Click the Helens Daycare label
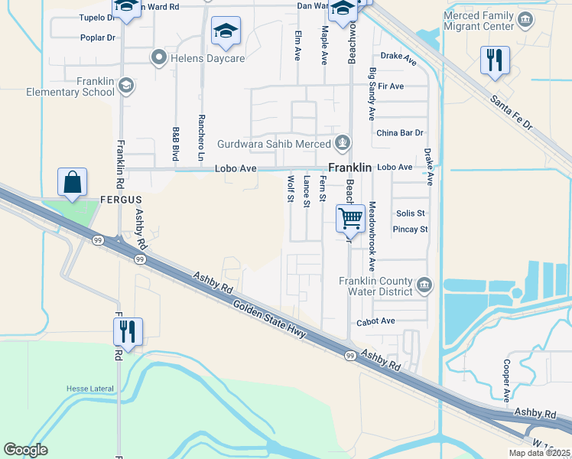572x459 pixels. (197, 58)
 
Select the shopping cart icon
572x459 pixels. (350, 218)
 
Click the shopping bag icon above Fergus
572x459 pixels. (73, 183)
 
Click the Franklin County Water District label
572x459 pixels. (375, 286)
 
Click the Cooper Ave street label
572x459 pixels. (507, 381)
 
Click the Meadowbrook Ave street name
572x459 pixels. (372, 236)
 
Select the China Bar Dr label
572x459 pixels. (399, 133)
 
